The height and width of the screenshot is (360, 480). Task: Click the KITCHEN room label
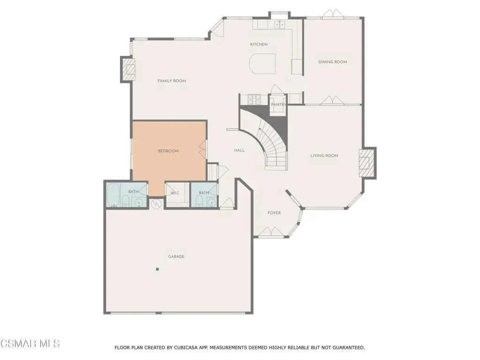[259, 45]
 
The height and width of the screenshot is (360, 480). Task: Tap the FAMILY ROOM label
[172, 81]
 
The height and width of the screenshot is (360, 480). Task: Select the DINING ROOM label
[332, 62]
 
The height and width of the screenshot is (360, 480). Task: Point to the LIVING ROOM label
[324, 156]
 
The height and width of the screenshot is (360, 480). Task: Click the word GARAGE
[176, 256]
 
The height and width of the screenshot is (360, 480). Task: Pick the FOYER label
[274, 213]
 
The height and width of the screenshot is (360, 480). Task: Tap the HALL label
[240, 150]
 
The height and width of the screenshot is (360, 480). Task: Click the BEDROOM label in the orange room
[168, 151]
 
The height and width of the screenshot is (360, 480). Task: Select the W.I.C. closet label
[175, 193]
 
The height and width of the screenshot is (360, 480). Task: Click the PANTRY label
[278, 105]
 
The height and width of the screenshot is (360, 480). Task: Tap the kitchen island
[262, 64]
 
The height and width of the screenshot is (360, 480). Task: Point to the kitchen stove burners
[255, 99]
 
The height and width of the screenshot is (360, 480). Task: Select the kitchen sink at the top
[280, 24]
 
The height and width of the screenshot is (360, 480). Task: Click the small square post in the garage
[157, 270]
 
